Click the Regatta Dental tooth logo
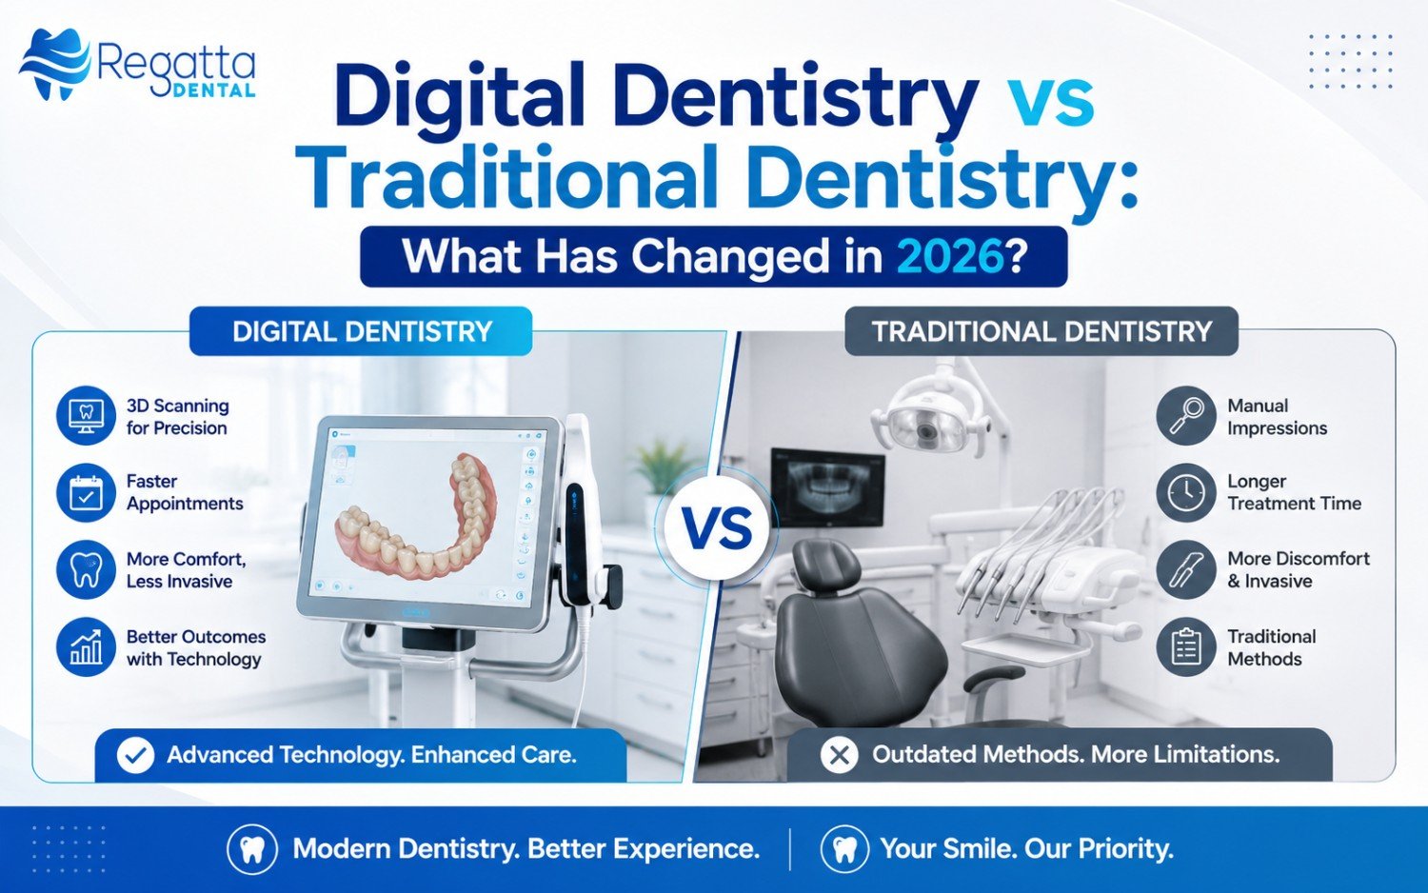click(x=55, y=64)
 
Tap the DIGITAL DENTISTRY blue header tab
click(x=361, y=331)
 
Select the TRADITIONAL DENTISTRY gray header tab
click(x=1041, y=331)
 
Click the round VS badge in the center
click(x=720, y=528)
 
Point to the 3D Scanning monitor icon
click(x=86, y=416)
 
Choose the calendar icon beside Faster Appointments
click(x=86, y=492)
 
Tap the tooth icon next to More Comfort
click(x=86, y=570)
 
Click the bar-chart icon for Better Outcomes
click(x=86, y=647)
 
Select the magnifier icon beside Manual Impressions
click(x=1186, y=416)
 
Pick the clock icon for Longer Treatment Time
click(x=1186, y=492)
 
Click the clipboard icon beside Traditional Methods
click(x=1186, y=647)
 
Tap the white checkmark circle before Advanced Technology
click(x=136, y=755)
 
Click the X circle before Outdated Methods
click(x=839, y=755)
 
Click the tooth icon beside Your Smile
click(x=844, y=849)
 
